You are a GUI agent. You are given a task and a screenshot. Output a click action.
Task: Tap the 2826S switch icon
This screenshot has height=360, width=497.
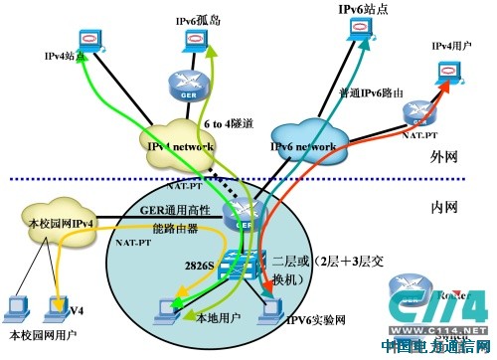click(238, 265)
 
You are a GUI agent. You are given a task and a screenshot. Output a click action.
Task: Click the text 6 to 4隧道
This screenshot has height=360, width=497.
click(227, 123)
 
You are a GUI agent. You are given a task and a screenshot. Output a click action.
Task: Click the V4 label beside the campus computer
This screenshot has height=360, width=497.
click(76, 310)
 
